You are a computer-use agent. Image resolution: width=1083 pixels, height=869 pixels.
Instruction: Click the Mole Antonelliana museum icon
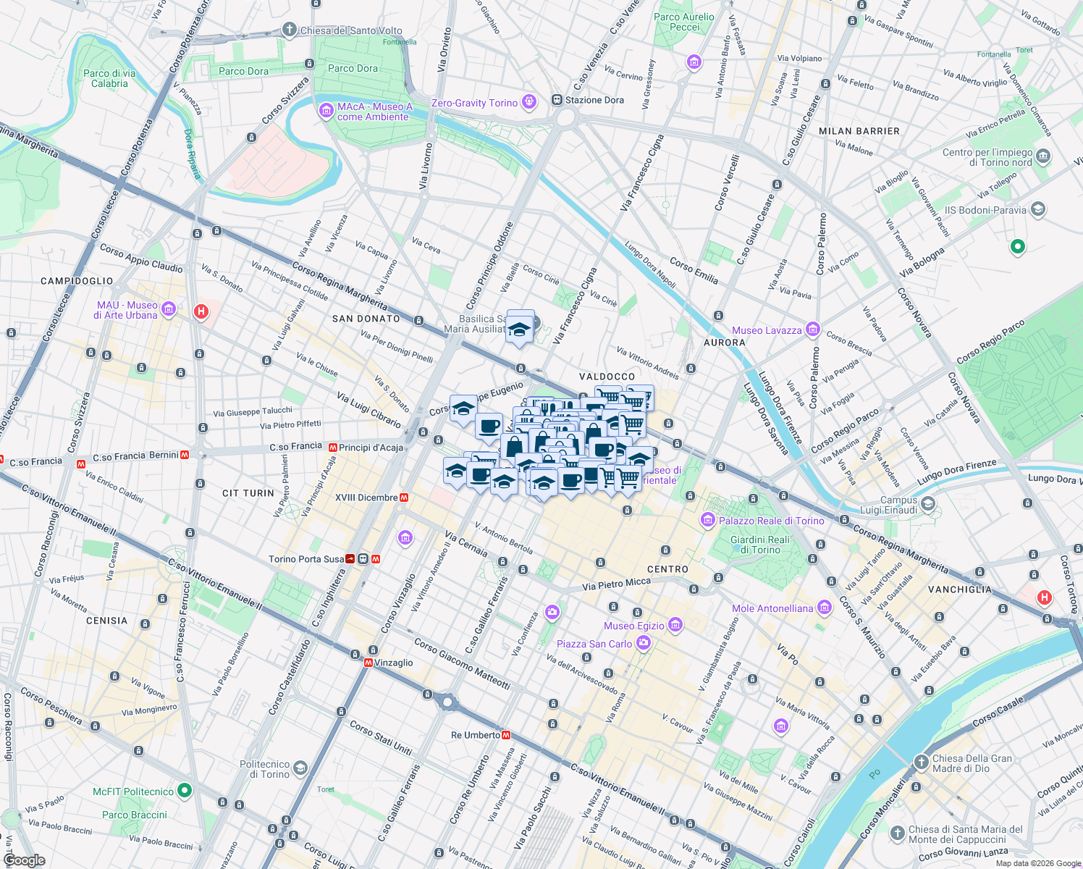[824, 608]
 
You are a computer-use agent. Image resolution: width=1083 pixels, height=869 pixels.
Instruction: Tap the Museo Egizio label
[634, 626]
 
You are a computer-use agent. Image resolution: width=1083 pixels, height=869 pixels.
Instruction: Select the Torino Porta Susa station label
[306, 559]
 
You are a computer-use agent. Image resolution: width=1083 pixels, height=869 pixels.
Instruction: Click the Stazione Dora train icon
[557, 100]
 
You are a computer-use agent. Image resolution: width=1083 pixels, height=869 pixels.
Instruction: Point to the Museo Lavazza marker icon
[812, 329]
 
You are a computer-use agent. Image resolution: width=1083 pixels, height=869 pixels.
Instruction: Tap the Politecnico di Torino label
[265, 769]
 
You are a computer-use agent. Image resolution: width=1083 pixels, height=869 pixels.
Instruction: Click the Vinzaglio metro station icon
[368, 663]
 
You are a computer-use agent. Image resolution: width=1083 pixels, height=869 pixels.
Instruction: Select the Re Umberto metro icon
[506, 735]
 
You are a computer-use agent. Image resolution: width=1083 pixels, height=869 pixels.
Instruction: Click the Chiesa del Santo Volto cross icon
[290, 30]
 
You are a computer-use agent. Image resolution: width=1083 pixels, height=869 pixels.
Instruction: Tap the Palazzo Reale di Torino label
[771, 521]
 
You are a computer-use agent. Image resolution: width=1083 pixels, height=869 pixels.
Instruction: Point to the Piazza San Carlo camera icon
[643, 643]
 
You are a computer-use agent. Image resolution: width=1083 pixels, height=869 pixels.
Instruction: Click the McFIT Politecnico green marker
[185, 791]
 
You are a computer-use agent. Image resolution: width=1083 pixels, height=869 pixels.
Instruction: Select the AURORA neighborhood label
[724, 343]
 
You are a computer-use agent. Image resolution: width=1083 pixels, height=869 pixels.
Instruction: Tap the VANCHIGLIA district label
[960, 589]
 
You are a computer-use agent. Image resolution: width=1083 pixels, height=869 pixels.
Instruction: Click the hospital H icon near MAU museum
[201, 312]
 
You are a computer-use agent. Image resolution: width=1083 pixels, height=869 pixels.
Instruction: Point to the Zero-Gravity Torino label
[474, 103]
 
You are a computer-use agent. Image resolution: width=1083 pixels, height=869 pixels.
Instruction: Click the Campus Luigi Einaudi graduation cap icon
[928, 504]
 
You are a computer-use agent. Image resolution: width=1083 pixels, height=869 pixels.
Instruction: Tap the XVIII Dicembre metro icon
[404, 498]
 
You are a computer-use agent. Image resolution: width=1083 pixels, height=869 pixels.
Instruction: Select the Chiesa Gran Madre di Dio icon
[921, 762]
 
